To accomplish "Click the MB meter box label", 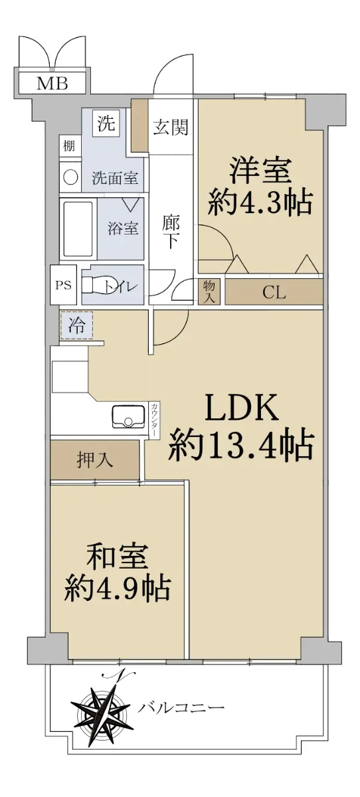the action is coord(52,84).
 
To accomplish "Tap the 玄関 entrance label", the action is coord(171,127).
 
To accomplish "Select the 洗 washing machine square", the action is coord(106,123).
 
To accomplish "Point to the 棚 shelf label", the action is coord(69,145).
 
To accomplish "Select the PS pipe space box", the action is coord(63,285).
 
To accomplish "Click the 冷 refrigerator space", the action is coord(76,325).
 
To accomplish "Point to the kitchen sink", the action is coord(128,416).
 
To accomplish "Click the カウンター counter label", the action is coord(154,420).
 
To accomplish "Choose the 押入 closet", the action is coord(94,460).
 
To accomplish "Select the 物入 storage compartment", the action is coord(209,292).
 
